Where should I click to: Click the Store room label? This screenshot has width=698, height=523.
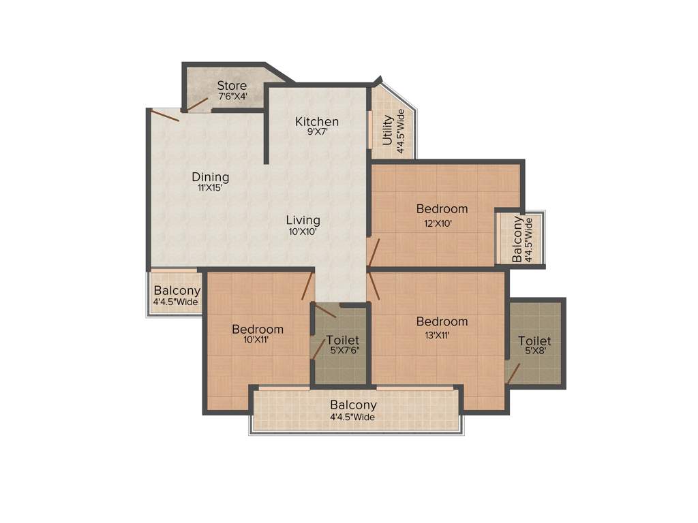point(232,86)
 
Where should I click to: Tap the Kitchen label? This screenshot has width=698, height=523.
point(316,122)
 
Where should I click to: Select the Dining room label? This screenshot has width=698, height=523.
point(210,177)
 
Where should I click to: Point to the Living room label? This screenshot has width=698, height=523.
point(303,220)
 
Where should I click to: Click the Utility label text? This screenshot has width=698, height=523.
point(387,131)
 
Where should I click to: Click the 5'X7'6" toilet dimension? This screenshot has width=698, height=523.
point(342,351)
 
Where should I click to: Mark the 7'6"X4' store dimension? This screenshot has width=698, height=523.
point(232,97)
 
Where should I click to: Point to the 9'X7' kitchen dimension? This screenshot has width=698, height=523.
point(316,133)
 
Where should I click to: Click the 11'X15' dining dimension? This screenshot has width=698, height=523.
point(210,189)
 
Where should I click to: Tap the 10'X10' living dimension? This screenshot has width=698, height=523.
point(303,232)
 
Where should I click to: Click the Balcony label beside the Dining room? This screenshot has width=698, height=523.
point(177,291)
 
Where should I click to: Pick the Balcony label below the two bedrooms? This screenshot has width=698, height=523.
point(353,405)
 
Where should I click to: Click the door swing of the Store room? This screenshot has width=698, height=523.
point(197,104)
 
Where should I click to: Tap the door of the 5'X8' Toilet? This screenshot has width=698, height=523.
point(513,373)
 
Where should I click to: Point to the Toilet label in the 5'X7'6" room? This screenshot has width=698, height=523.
point(342,340)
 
